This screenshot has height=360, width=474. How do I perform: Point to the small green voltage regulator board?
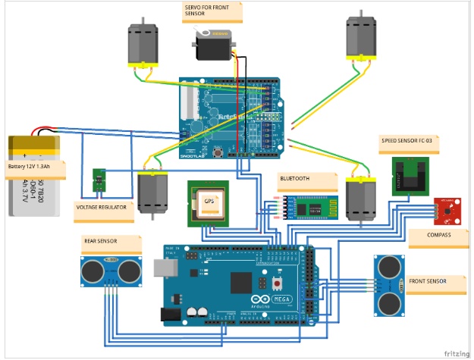[99, 180]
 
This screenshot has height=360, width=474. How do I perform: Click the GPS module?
[209, 202]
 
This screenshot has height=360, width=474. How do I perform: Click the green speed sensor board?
[410, 175]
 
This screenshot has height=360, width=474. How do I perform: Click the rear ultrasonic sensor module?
[110, 271]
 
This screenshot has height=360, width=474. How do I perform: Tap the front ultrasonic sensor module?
[391, 285]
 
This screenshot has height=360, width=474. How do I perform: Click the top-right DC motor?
[361, 40]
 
